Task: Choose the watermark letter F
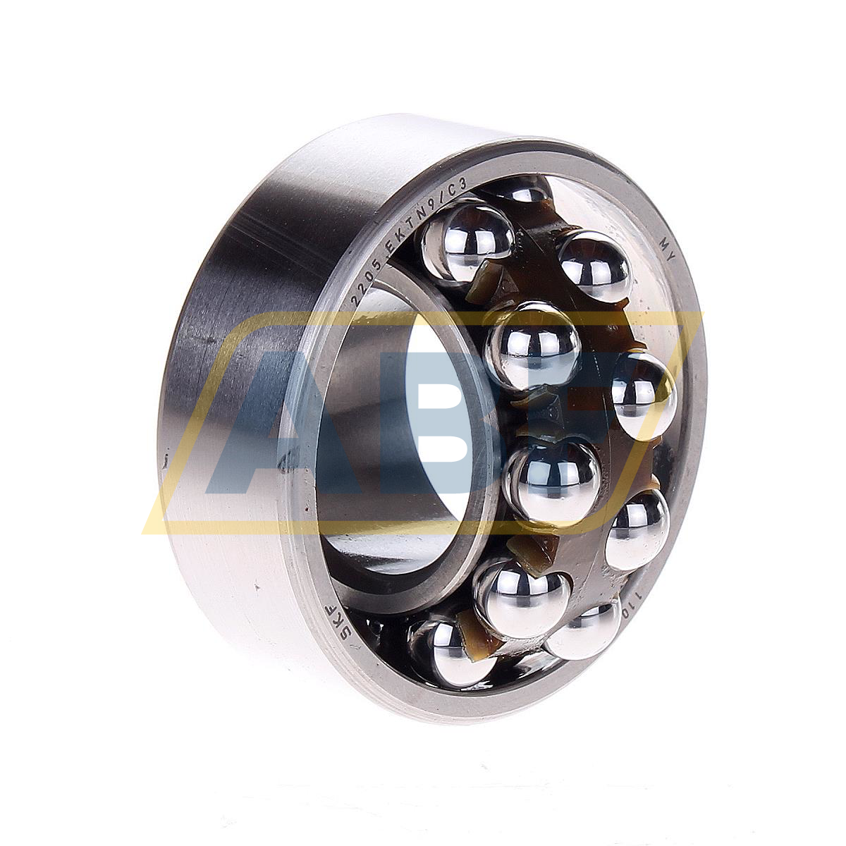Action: (x=620, y=395)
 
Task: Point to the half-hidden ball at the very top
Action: (x=518, y=189)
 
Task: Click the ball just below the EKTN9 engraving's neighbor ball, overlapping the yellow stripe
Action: (x=533, y=345)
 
